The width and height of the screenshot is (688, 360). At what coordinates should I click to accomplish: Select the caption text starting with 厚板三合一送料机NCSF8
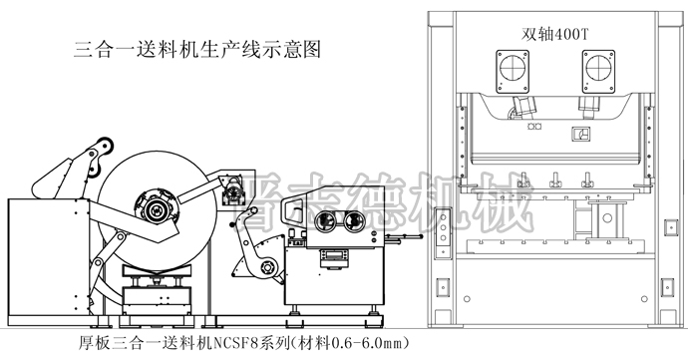(244, 343)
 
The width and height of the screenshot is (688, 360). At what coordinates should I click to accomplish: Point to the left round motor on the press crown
(509, 71)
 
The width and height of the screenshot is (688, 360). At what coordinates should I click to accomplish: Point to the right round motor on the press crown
(600, 71)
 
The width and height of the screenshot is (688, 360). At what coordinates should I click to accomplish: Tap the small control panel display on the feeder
(334, 257)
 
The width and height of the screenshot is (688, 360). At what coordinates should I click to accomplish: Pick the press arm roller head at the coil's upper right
(235, 186)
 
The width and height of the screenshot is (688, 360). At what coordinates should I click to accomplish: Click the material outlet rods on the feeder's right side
(405, 236)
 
